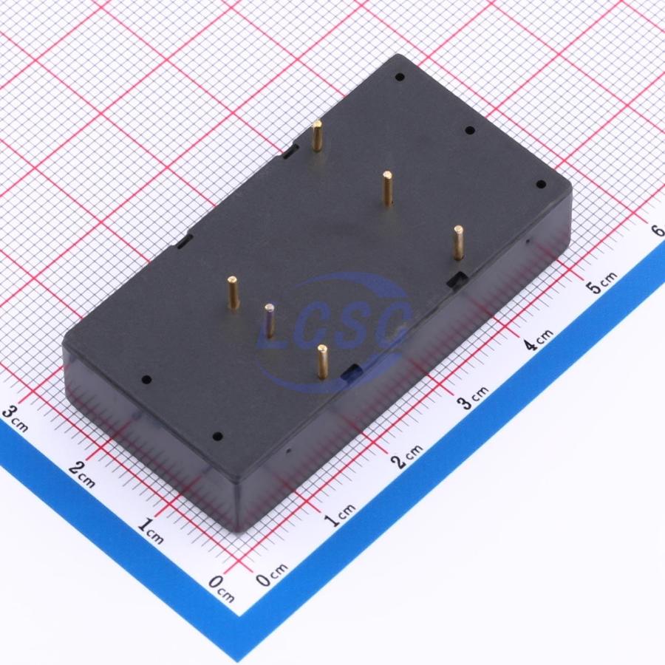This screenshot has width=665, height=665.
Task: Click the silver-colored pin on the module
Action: [269, 320]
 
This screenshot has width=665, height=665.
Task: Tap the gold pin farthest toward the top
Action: [317, 135]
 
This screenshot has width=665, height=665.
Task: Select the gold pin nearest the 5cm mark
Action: [458, 242]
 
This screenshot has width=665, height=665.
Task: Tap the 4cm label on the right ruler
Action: [538, 340]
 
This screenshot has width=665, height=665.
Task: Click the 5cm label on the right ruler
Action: [601, 282]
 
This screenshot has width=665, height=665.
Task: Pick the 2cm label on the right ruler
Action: [408, 456]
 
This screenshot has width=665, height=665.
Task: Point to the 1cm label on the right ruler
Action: [340, 514]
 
